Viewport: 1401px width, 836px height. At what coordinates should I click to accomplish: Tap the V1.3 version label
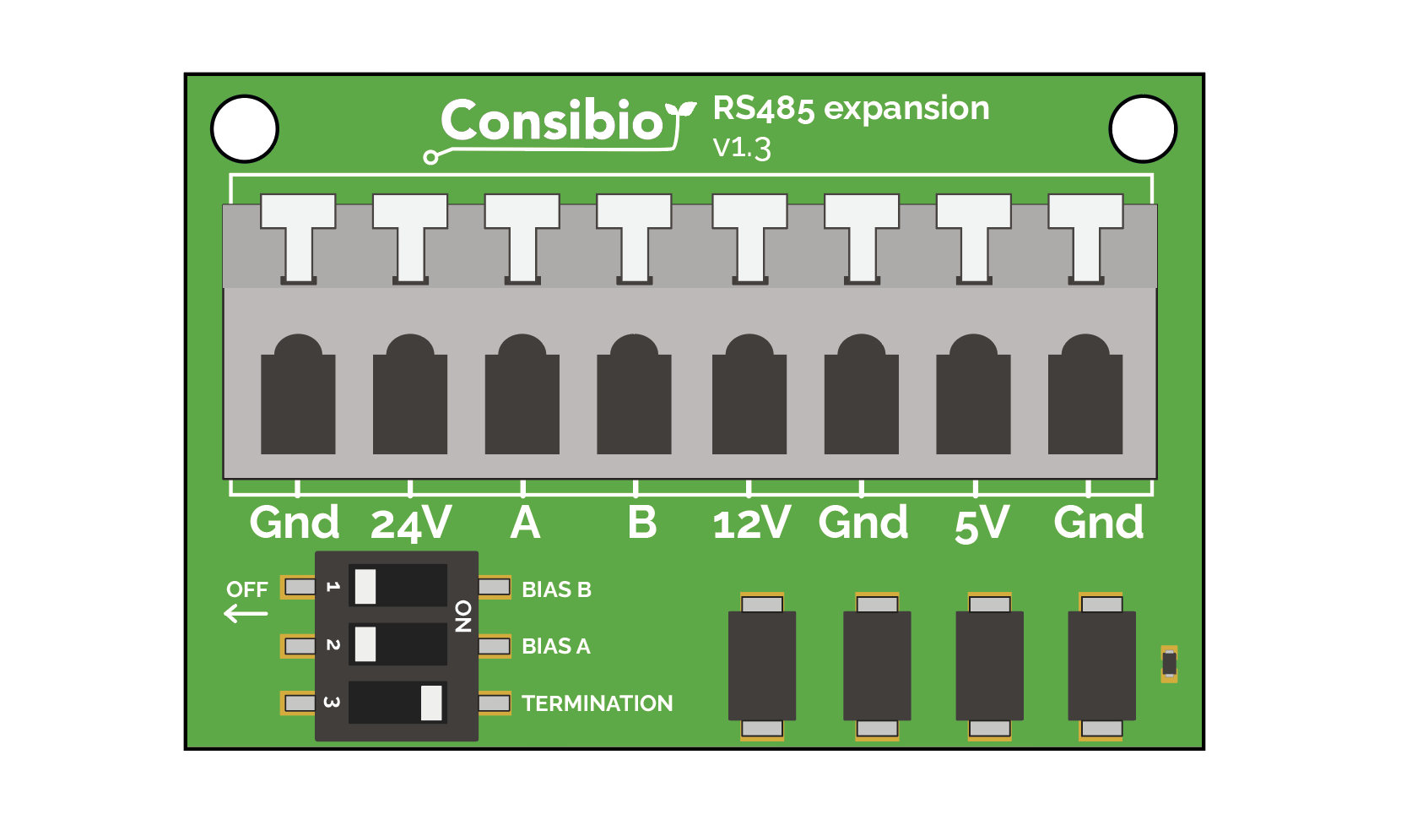[742, 149]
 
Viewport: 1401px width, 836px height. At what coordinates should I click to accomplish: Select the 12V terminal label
[752, 523]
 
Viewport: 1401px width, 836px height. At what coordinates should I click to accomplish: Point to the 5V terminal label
[982, 524]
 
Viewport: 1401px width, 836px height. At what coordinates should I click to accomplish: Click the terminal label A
[525, 523]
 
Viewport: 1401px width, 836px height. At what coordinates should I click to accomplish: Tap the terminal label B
[641, 523]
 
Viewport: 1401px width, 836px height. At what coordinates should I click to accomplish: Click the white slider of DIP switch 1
[365, 586]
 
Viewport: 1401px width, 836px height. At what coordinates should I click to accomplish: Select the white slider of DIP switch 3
[431, 703]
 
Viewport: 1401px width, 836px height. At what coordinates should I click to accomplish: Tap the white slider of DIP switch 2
[365, 644]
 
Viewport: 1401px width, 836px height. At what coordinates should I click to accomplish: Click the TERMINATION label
[598, 703]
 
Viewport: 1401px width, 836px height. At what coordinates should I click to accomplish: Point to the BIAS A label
[556, 646]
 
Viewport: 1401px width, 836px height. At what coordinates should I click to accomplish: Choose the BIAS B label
[557, 589]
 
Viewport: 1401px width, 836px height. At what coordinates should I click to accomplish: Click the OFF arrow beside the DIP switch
[246, 613]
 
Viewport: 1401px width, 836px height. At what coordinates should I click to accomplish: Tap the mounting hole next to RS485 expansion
[1143, 129]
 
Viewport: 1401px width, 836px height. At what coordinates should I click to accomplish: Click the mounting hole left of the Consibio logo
[245, 129]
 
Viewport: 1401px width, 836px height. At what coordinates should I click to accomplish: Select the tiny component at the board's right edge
[1169, 664]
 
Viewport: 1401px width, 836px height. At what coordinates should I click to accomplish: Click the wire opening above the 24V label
[410, 394]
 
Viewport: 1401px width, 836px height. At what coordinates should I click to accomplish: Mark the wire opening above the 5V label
[973, 394]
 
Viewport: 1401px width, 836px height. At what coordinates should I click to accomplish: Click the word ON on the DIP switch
[463, 616]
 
